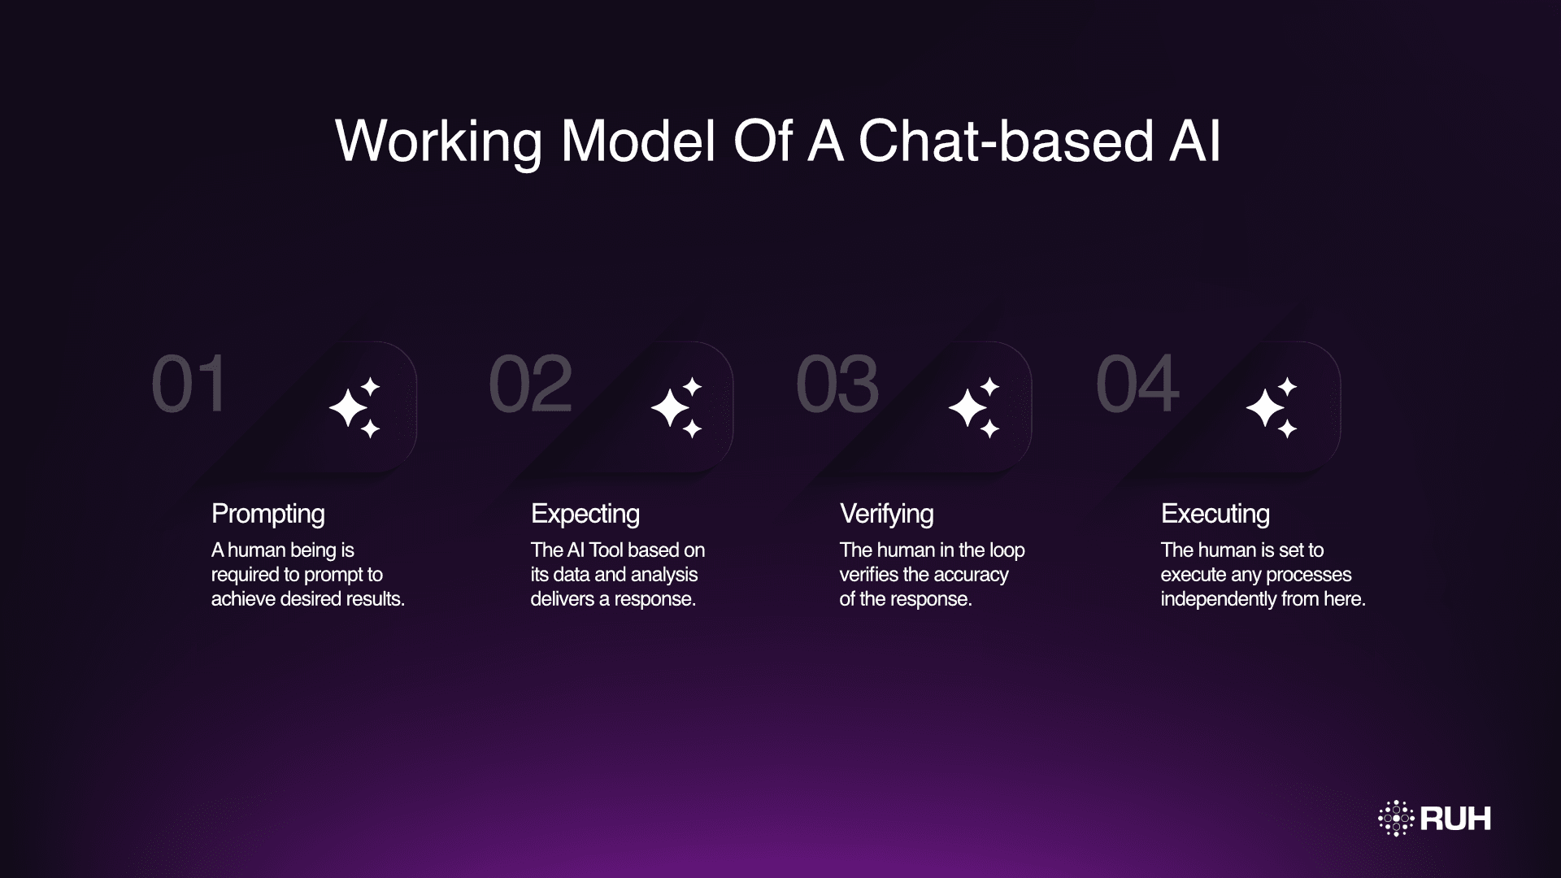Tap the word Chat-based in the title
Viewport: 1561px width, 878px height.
point(1006,141)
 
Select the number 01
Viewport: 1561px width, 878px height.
point(189,384)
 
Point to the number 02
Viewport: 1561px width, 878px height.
point(530,384)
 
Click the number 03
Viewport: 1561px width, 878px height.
point(837,384)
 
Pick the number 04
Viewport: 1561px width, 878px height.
point(1137,384)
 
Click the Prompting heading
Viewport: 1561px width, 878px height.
point(267,514)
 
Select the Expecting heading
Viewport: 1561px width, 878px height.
point(585,514)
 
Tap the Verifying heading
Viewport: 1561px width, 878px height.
point(886,514)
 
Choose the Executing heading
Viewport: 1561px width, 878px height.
point(1215,514)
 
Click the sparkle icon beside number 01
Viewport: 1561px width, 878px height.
point(355,407)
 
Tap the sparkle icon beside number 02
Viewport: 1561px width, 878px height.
point(677,407)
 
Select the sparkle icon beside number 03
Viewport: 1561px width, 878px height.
point(975,407)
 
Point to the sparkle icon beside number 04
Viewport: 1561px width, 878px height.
point(1272,407)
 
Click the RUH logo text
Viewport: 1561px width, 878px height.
point(1455,819)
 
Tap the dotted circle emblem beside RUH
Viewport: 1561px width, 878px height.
point(1396,819)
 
